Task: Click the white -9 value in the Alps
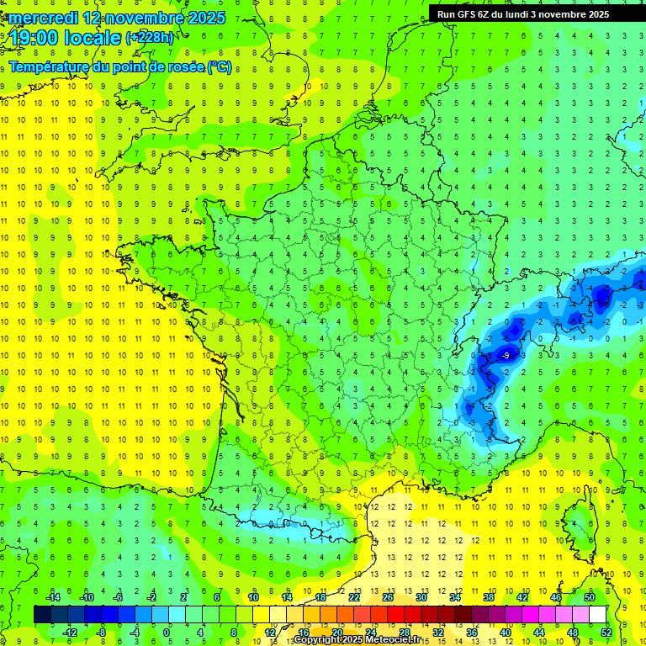click(x=505, y=356)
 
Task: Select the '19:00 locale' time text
click(x=65, y=38)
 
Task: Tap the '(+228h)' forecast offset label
click(x=149, y=38)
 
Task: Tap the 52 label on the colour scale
click(x=606, y=632)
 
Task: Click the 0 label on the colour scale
click(x=167, y=632)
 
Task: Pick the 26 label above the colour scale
click(x=388, y=596)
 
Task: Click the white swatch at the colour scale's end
click(x=598, y=615)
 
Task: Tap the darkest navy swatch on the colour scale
click(x=42, y=615)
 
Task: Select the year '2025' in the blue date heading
click(x=206, y=18)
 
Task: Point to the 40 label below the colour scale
click(x=506, y=632)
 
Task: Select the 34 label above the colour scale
click(x=455, y=596)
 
